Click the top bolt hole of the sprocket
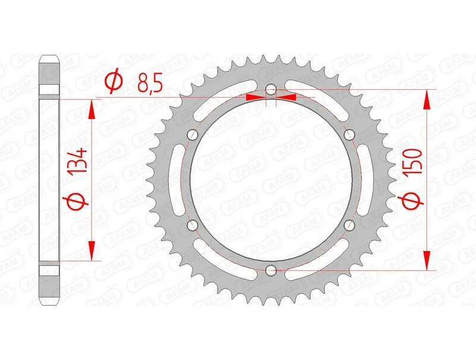click(270, 90)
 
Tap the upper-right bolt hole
click(349, 134)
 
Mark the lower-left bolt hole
click(192, 225)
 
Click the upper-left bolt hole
click(192, 134)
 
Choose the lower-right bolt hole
click(349, 225)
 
